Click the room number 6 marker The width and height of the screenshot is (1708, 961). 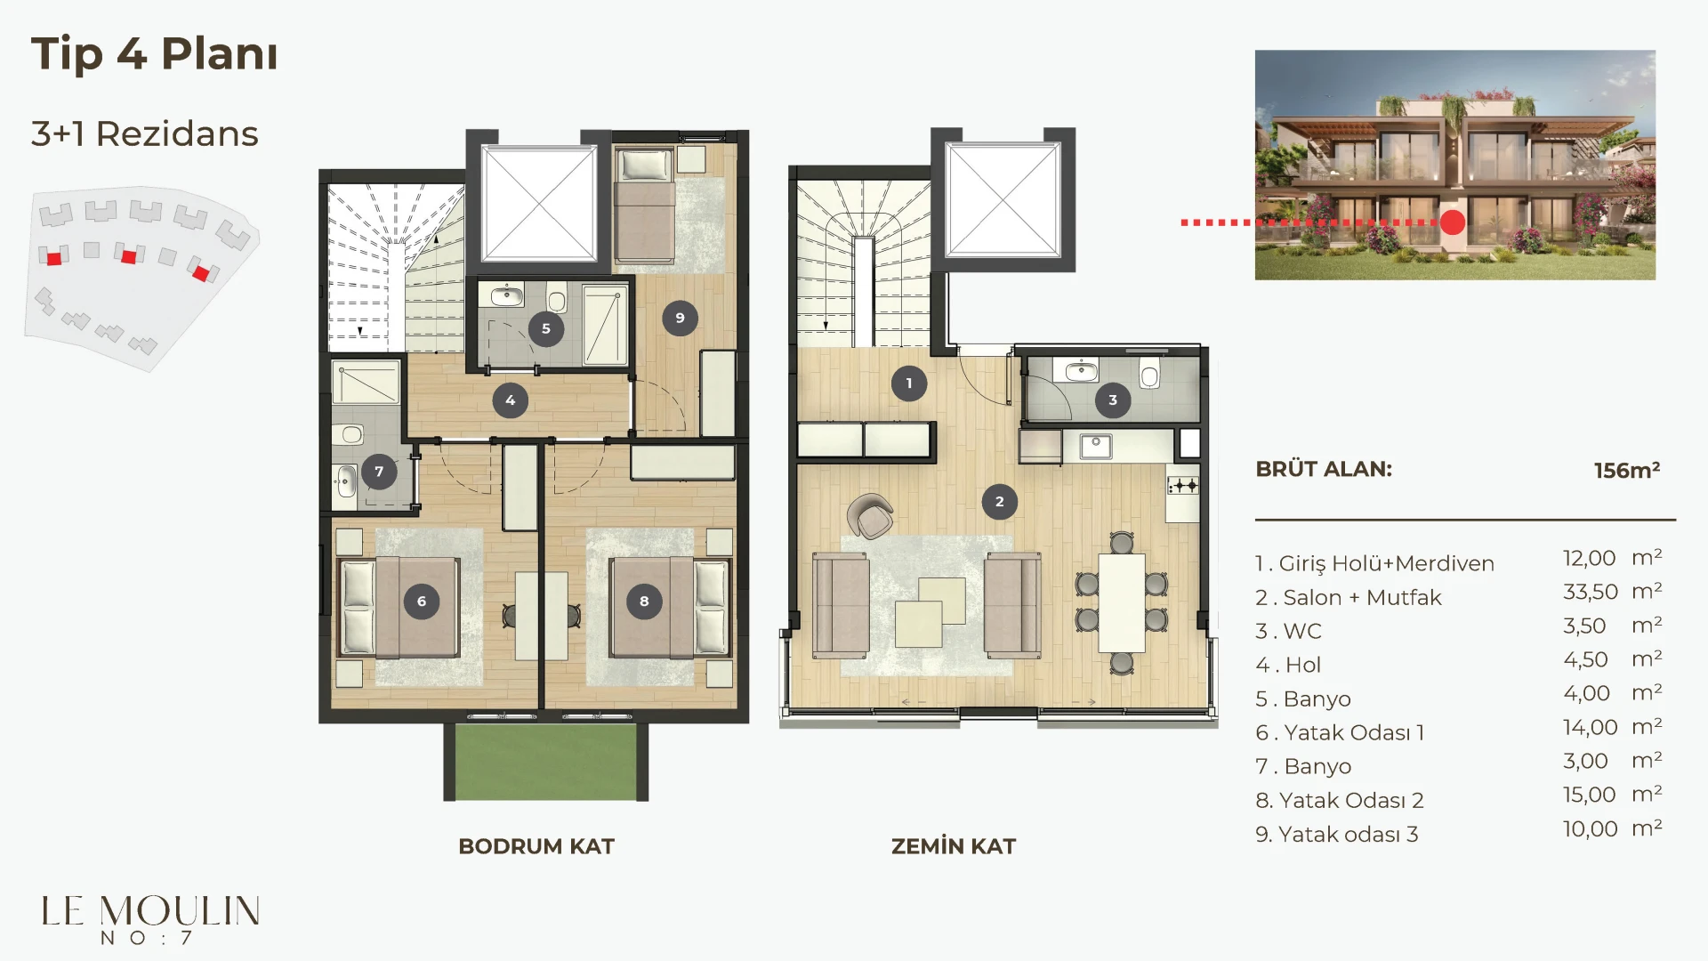click(x=422, y=602)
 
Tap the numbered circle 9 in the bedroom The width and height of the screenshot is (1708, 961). click(x=680, y=318)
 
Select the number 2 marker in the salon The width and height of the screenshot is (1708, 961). click(x=1000, y=502)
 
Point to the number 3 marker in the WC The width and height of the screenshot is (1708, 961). click(x=1113, y=400)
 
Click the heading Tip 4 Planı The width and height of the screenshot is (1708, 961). click(x=155, y=53)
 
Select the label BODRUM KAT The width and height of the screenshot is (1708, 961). click(x=536, y=846)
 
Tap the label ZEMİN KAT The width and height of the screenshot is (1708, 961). click(x=954, y=846)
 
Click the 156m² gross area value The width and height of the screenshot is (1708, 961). click(x=1627, y=470)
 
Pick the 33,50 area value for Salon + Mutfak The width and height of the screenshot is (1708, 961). click(x=1591, y=592)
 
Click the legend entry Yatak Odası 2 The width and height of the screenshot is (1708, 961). click(x=1340, y=800)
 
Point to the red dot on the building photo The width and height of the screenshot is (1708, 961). click(x=1453, y=222)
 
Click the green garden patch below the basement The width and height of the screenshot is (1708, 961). click(x=546, y=762)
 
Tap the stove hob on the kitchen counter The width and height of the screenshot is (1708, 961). click(x=1183, y=485)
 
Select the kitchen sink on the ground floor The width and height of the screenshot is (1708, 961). click(x=1096, y=446)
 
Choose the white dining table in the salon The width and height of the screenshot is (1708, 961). click(x=1122, y=603)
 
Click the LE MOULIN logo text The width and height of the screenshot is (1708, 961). click(x=150, y=911)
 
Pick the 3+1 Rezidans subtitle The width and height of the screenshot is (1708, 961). click(x=144, y=133)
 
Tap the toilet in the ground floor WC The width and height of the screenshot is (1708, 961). click(x=1150, y=375)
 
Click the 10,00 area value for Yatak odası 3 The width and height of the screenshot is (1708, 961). click(x=1591, y=828)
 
